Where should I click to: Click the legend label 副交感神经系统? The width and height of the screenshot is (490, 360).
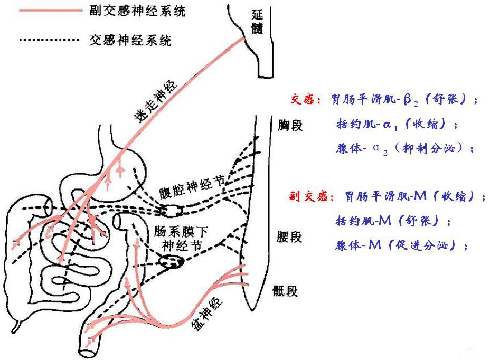136,11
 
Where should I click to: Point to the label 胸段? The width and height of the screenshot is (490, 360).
290,126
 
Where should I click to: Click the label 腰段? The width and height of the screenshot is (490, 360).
289,236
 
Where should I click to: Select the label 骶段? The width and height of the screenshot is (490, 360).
286,291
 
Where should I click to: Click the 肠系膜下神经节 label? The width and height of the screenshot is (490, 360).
177,238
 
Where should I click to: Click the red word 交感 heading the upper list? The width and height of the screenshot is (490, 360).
303,99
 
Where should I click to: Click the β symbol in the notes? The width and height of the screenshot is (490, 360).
407,99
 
